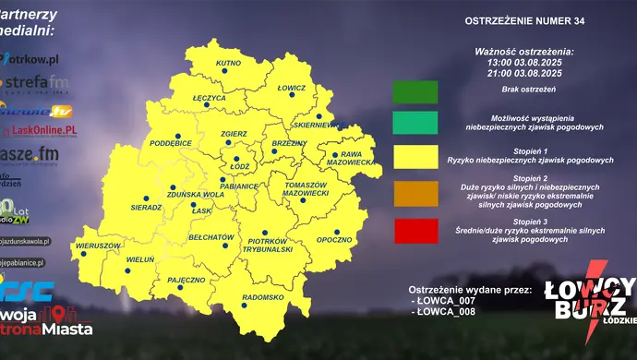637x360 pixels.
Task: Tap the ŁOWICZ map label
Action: point(292,88)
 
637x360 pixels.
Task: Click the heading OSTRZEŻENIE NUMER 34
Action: point(524,20)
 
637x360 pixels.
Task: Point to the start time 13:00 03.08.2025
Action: point(524,62)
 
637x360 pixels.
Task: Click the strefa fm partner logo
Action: point(37,85)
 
